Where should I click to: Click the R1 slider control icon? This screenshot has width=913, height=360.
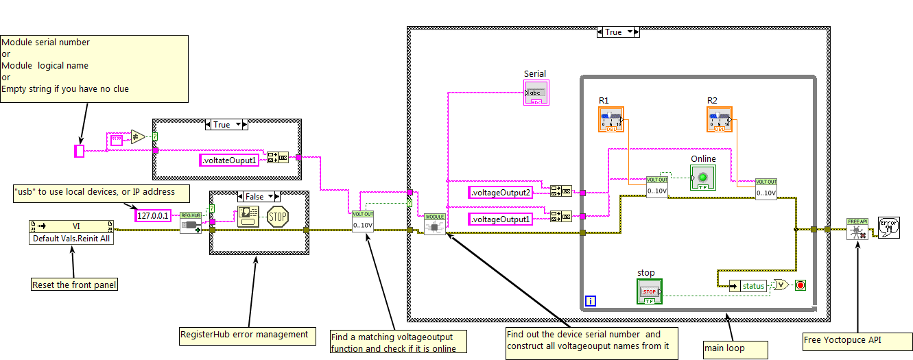click(x=610, y=119)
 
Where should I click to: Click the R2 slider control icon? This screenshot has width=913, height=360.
click(x=718, y=119)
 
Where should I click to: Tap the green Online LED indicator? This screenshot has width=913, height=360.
click(x=703, y=178)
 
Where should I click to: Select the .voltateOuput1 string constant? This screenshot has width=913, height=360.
click(x=230, y=160)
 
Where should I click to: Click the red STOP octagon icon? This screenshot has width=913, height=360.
click(x=277, y=217)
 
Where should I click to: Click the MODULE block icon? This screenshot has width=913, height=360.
click(x=434, y=224)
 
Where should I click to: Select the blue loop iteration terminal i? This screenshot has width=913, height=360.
click(x=590, y=300)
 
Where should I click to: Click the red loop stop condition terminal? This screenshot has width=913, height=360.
click(x=799, y=285)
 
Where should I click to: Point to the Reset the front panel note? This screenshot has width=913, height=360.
click(x=74, y=285)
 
